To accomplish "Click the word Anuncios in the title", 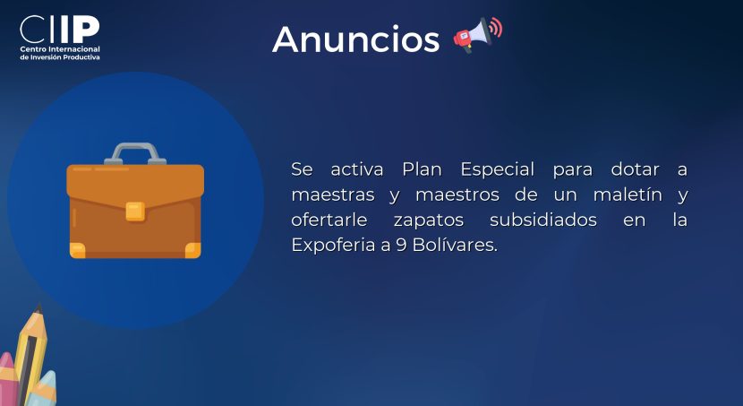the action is [x=356, y=39].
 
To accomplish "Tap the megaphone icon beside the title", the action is [x=478, y=35].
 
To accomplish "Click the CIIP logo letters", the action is [x=60, y=29].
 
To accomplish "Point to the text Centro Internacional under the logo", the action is [x=60, y=49].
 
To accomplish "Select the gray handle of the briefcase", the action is [x=135, y=153].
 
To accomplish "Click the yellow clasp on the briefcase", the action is [x=135, y=212].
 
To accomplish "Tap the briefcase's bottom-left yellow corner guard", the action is [x=78, y=250].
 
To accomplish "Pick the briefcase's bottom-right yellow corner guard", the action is [x=192, y=250].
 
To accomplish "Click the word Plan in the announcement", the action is [x=422, y=169].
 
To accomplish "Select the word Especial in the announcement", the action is [x=498, y=169].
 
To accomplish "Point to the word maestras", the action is [x=333, y=195].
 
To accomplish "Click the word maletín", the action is [x=628, y=194].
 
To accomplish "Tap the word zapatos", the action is [x=429, y=220].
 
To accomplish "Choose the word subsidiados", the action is [x=543, y=220].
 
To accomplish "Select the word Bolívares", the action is [x=455, y=245].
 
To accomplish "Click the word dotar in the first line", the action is [x=635, y=169].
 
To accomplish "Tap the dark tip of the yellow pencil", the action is [x=38, y=308].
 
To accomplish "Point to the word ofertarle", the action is [x=329, y=220].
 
